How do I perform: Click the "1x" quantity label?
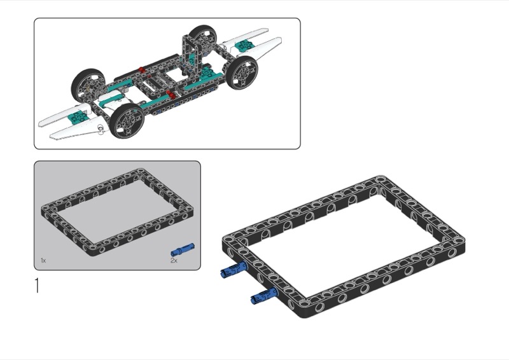(43, 260)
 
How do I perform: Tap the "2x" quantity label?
(174, 260)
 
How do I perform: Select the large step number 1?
(37, 286)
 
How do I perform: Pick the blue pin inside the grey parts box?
(183, 249)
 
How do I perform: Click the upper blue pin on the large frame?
(234, 270)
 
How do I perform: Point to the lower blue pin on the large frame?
(264, 296)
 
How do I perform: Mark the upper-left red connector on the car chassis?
(141, 69)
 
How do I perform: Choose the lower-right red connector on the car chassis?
(170, 95)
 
